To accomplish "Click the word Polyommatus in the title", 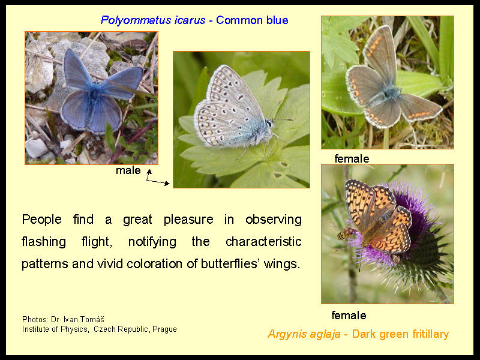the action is (x=136, y=20).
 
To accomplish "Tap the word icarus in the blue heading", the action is (x=190, y=20).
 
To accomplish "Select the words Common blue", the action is (x=252, y=20).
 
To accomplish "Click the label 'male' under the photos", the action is (x=128, y=170).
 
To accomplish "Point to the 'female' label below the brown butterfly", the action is (x=352, y=158).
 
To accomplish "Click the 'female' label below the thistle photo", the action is (x=349, y=316).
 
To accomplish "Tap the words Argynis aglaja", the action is (x=304, y=334).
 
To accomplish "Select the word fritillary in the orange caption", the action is (x=430, y=334).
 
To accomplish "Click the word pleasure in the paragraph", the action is (x=188, y=220).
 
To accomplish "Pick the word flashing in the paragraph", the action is (x=44, y=242).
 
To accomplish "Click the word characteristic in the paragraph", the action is (x=263, y=242).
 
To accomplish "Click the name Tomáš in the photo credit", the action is (x=92, y=320).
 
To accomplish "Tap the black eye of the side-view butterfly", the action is (x=269, y=123).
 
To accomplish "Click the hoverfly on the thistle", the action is (x=344, y=234).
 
